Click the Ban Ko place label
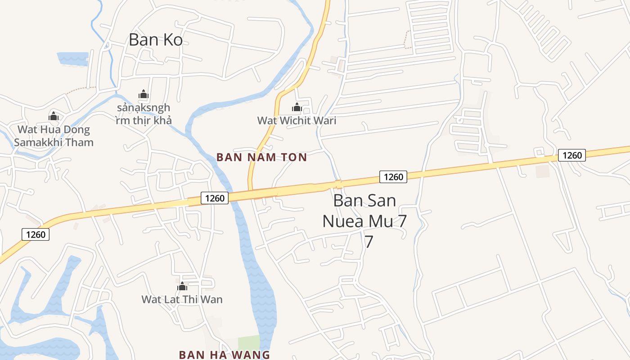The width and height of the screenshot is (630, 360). click(156, 40)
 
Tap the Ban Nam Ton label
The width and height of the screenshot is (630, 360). click(261, 157)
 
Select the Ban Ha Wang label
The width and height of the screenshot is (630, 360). click(224, 355)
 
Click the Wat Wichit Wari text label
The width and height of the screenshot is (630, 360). click(297, 121)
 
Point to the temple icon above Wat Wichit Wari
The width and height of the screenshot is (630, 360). click(297, 107)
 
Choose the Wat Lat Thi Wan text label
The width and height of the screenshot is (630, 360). click(182, 299)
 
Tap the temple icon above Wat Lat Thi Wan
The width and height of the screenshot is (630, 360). click(182, 286)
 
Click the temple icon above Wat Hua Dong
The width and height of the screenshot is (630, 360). click(54, 116)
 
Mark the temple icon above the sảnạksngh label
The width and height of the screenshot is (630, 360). click(143, 94)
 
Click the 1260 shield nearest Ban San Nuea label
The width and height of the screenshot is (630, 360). click(393, 177)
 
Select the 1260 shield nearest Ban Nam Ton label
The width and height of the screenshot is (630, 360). click(215, 198)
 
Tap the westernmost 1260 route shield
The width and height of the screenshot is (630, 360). click(36, 234)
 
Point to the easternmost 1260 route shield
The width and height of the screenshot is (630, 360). click(572, 155)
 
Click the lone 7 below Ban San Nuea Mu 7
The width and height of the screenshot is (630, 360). click(369, 242)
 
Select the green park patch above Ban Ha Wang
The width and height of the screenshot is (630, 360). click(249, 342)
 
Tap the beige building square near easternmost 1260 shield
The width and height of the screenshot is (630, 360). click(543, 171)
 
